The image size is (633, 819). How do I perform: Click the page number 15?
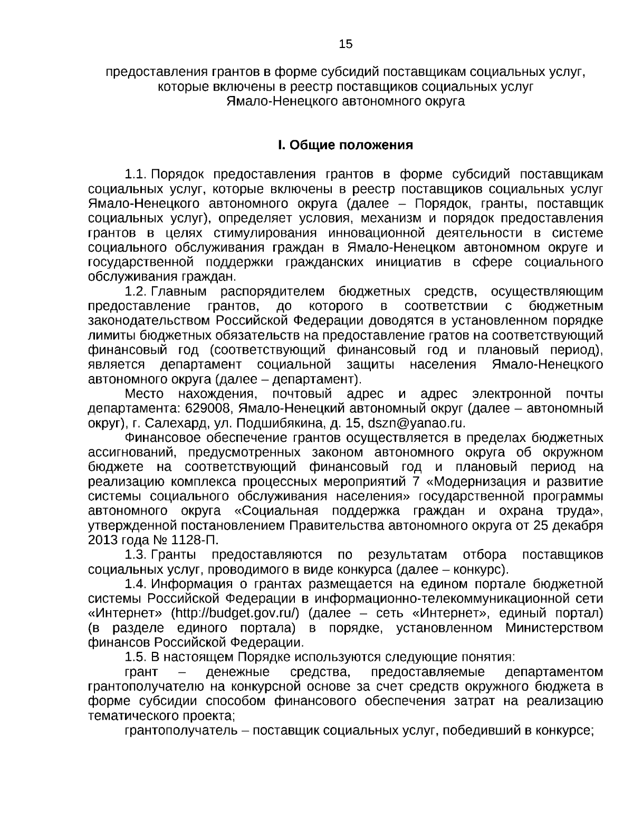(346, 44)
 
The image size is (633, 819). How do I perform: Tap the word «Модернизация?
(481, 481)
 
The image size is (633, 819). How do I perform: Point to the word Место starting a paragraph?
(145, 394)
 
